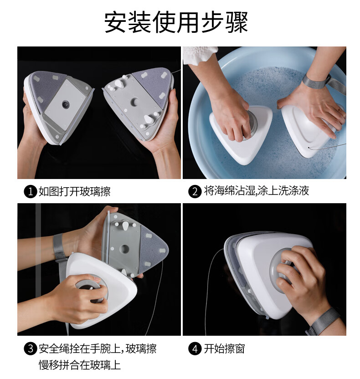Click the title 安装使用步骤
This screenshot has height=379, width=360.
click(x=176, y=22)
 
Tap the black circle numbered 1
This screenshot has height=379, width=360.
click(x=30, y=192)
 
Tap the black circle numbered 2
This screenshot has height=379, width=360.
click(x=195, y=192)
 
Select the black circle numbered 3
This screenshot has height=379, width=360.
click(x=30, y=349)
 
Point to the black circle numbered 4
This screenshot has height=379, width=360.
click(x=195, y=349)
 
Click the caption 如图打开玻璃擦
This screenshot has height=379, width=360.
click(x=74, y=191)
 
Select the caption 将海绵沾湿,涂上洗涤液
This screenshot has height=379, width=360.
click(x=256, y=191)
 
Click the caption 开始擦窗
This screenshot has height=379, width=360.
click(x=224, y=349)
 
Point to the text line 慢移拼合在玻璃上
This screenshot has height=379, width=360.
click(x=80, y=365)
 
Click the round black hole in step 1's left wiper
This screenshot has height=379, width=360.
click(x=65, y=104)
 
